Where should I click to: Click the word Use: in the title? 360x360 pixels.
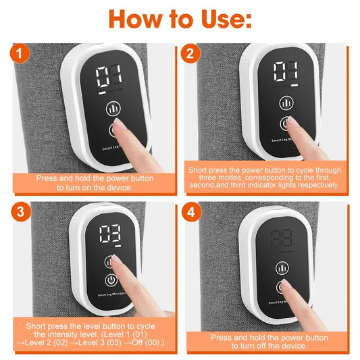217,19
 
